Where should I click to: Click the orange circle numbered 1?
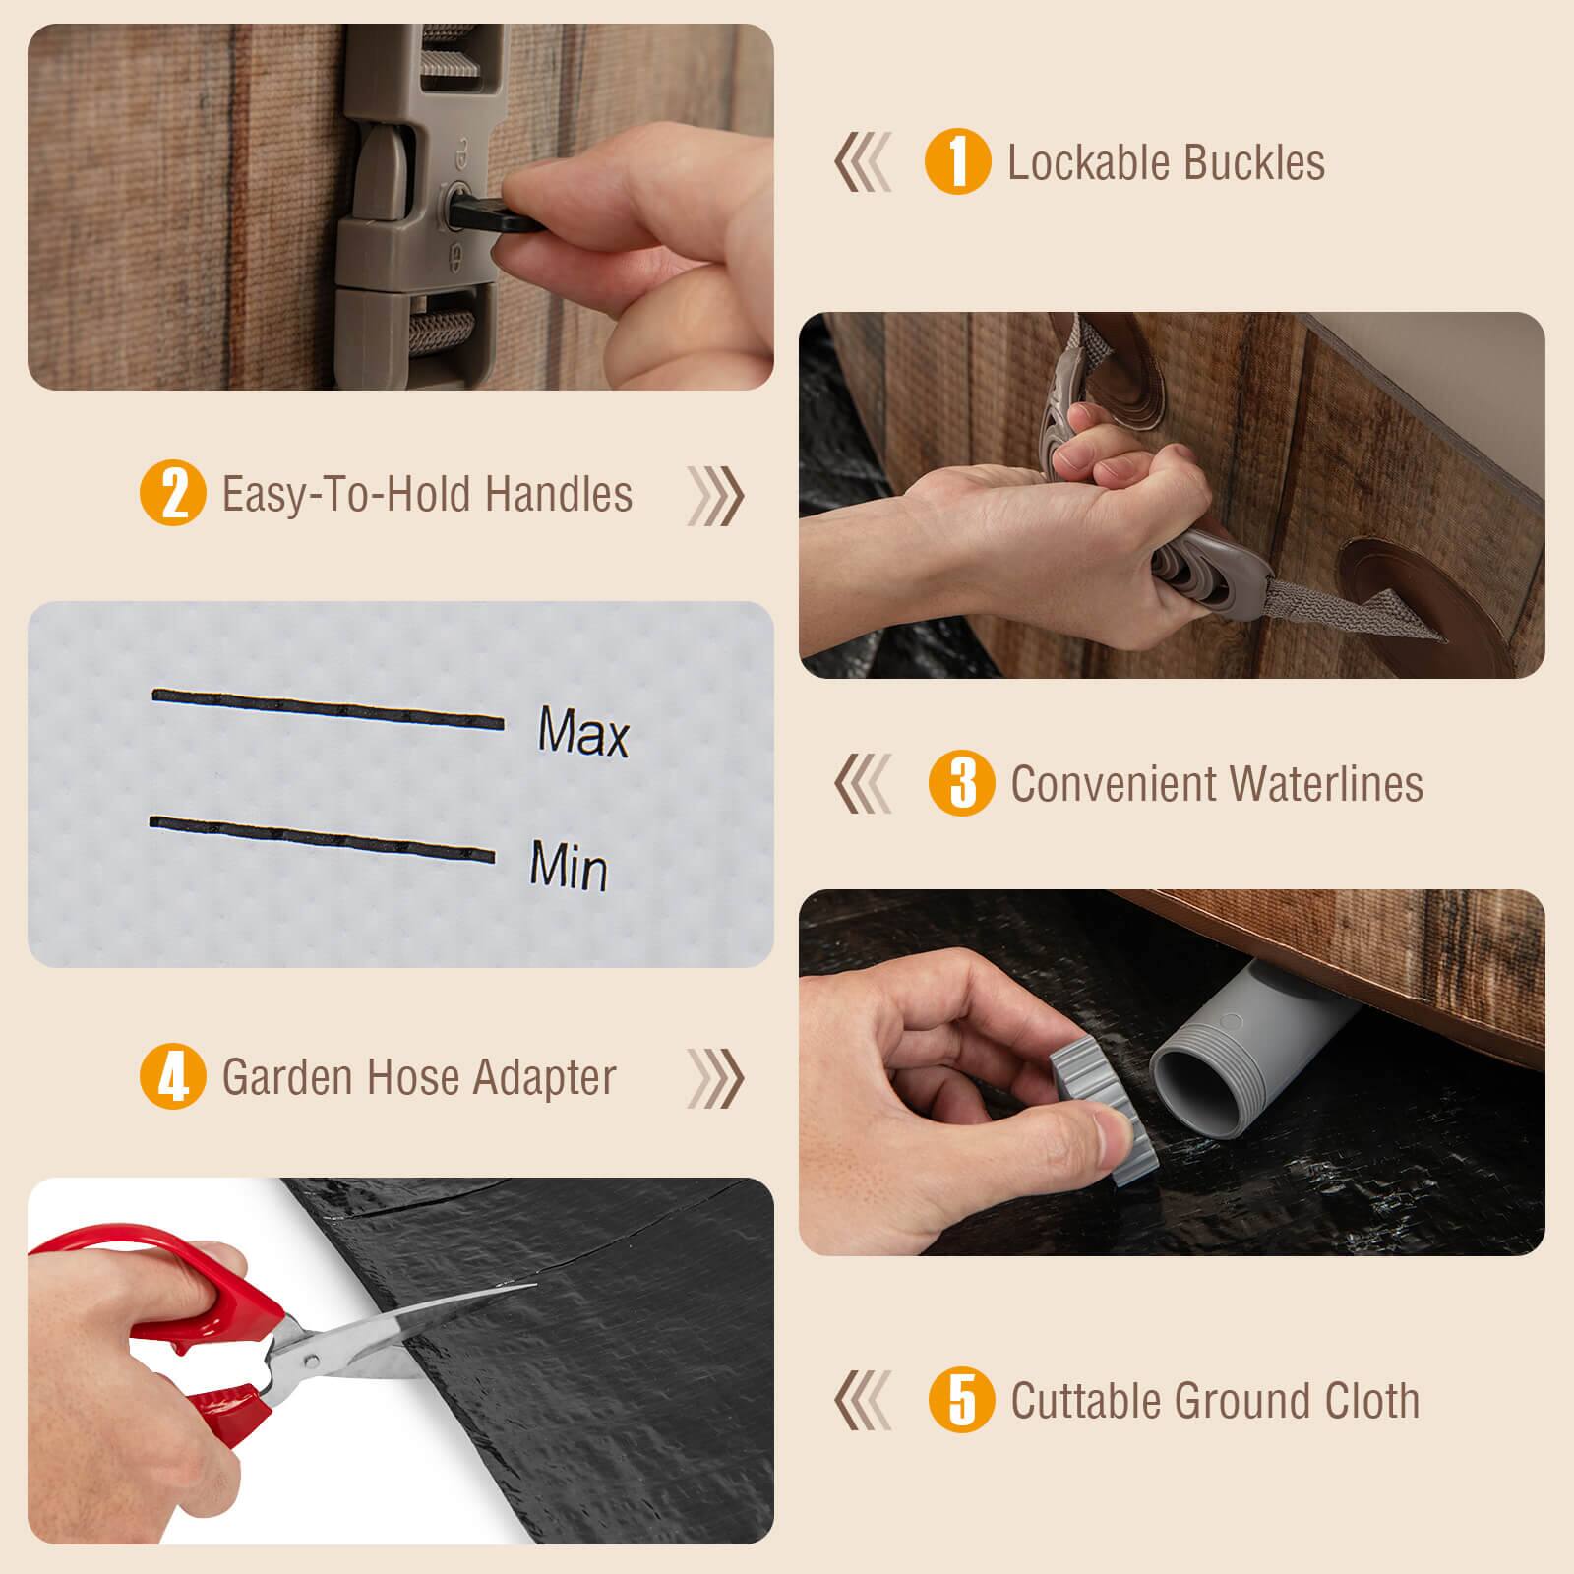957,162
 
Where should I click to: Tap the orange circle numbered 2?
173,494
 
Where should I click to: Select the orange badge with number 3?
961,783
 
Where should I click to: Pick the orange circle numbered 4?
173,1077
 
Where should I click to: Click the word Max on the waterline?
582,732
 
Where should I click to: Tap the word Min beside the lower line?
569,865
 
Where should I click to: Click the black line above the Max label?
328,709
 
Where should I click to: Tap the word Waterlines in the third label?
1324,783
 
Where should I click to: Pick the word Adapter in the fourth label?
544,1077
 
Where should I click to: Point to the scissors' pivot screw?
311,1361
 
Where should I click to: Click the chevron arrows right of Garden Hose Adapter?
715,1077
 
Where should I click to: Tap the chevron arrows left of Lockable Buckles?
864,162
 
